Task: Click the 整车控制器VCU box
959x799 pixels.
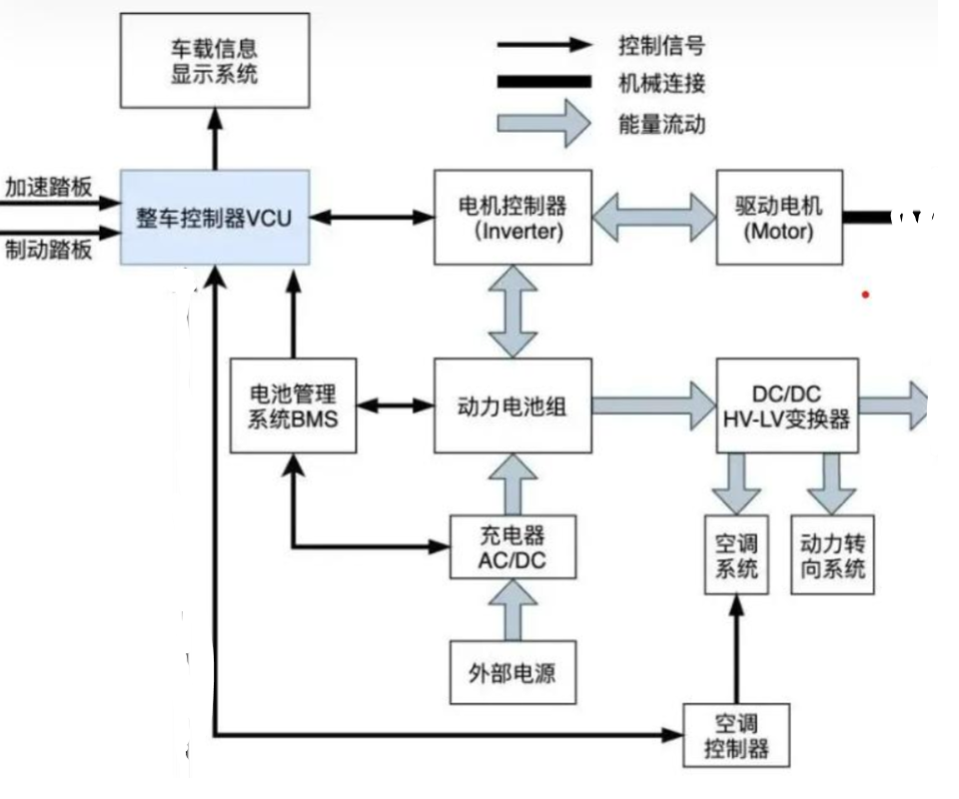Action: (215, 217)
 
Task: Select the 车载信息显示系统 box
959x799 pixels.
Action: (215, 62)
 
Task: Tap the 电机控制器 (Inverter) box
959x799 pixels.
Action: (512, 217)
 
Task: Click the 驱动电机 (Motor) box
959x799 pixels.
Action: (779, 217)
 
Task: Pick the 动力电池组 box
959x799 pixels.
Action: (512, 405)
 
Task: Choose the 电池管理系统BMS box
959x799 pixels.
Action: (292, 405)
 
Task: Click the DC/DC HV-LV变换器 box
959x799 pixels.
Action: (787, 405)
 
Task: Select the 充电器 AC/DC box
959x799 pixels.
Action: (512, 547)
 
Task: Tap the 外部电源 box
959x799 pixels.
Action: (512, 672)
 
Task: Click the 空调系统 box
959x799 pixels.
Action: (738, 555)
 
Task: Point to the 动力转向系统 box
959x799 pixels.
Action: (831, 555)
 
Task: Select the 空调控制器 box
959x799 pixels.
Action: (736, 735)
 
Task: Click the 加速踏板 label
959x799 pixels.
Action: (48, 188)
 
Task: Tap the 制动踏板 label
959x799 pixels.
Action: (48, 248)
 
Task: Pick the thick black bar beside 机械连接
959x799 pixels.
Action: (545, 84)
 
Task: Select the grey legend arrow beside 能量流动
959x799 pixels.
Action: (545, 125)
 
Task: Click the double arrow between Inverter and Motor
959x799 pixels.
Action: (654, 216)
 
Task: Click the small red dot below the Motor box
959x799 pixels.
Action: (865, 295)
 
